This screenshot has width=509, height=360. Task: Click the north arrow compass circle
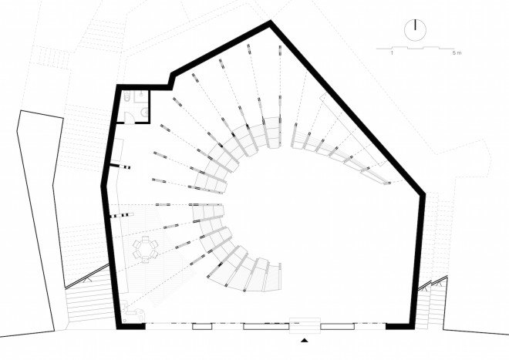click(415, 30)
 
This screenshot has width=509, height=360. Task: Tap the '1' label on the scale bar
click(392, 53)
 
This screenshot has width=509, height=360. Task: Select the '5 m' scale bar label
click(456, 53)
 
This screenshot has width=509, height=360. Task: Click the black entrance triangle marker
click(304, 340)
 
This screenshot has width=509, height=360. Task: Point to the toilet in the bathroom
click(126, 96)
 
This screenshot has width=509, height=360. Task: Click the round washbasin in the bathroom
click(145, 113)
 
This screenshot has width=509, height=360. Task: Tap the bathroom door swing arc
click(128, 117)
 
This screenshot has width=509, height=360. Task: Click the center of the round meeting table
click(145, 249)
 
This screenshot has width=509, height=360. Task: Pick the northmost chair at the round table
click(146, 240)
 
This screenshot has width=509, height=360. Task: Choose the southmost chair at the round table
click(145, 259)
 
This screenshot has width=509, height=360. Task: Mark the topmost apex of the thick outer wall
click(271, 21)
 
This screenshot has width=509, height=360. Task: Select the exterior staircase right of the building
click(431, 304)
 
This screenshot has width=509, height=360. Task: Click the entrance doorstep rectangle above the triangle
click(305, 325)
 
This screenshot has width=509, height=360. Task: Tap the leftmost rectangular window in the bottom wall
click(202, 327)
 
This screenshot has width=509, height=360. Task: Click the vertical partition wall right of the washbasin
click(150, 106)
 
